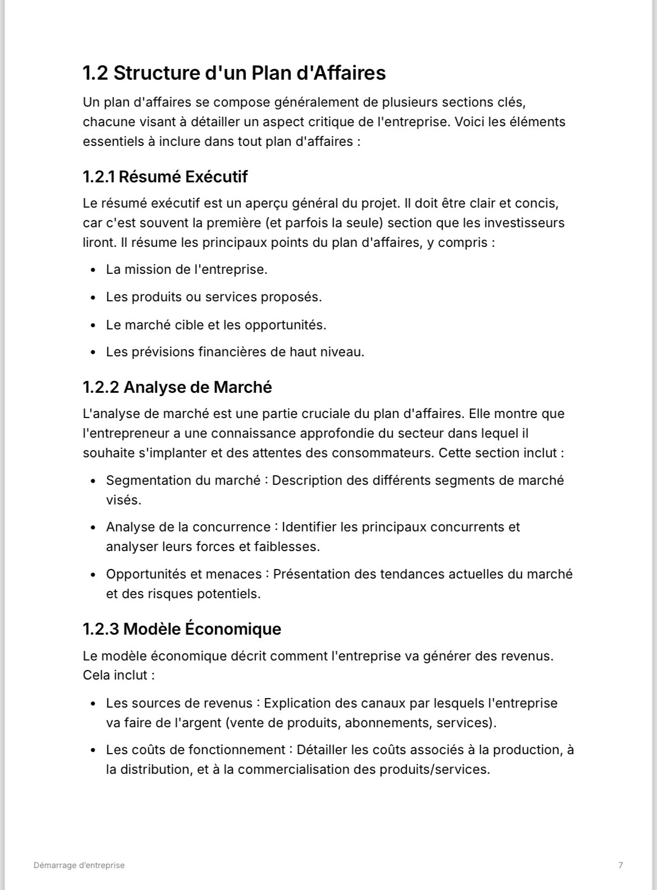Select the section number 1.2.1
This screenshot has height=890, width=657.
(98, 177)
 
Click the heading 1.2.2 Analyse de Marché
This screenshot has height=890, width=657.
(177, 387)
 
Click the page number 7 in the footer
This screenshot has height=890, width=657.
(620, 865)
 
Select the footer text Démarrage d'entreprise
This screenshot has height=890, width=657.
(79, 865)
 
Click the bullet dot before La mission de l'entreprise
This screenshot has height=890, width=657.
(93, 270)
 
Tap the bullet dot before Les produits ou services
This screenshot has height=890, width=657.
(93, 297)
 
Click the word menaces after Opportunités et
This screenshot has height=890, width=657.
(239, 574)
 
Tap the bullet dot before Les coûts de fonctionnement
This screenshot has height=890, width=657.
(93, 750)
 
